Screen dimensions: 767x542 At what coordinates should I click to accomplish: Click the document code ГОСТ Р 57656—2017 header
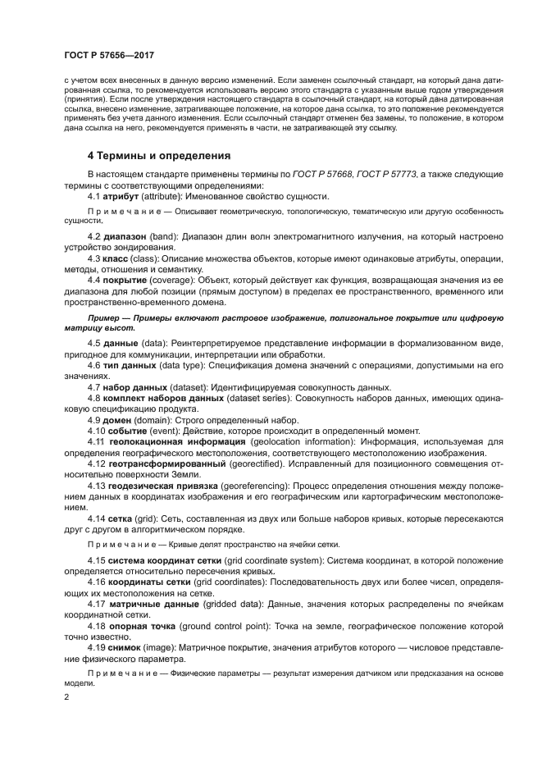pyautogui.click(x=109, y=56)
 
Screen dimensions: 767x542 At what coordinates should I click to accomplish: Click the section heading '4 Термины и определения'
pyautogui.click(x=158, y=155)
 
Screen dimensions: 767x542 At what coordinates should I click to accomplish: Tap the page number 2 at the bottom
pyautogui.click(x=66, y=697)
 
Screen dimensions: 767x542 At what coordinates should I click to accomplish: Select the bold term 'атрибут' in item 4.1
pyautogui.click(x=122, y=196)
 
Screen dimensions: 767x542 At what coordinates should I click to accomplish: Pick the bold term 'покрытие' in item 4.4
pyautogui.click(x=130, y=280)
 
